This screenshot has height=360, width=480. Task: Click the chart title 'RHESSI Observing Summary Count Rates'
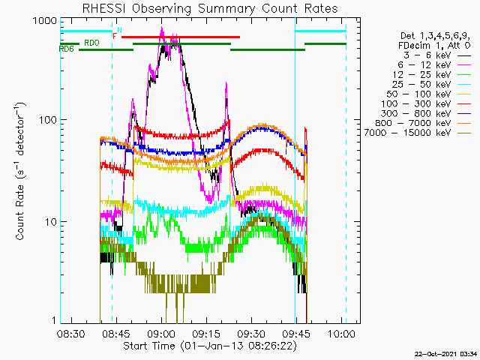[x=210, y=8]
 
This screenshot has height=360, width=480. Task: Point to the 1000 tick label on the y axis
[x=45, y=21]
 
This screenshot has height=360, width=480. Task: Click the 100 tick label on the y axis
[x=48, y=120]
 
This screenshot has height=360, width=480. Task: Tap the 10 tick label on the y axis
[x=51, y=222]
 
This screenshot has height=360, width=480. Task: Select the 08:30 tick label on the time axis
[x=71, y=333]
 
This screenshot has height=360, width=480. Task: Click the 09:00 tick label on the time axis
[x=162, y=333]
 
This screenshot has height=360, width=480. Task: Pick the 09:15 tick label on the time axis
[x=207, y=333]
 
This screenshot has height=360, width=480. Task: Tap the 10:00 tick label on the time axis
[x=342, y=333]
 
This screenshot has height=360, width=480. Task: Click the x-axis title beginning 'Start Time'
[x=210, y=346]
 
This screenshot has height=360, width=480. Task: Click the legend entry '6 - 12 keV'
[x=434, y=65]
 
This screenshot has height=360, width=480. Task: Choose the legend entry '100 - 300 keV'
[x=426, y=103]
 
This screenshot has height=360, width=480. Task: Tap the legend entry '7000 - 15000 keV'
[x=418, y=133]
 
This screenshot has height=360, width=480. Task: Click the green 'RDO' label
[x=91, y=43]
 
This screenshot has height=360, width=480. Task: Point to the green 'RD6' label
[x=67, y=49]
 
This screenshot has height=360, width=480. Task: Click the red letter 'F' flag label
[x=115, y=37]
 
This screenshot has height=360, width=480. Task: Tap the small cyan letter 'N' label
[x=119, y=30]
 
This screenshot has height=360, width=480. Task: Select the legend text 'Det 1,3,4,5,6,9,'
[x=435, y=36]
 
